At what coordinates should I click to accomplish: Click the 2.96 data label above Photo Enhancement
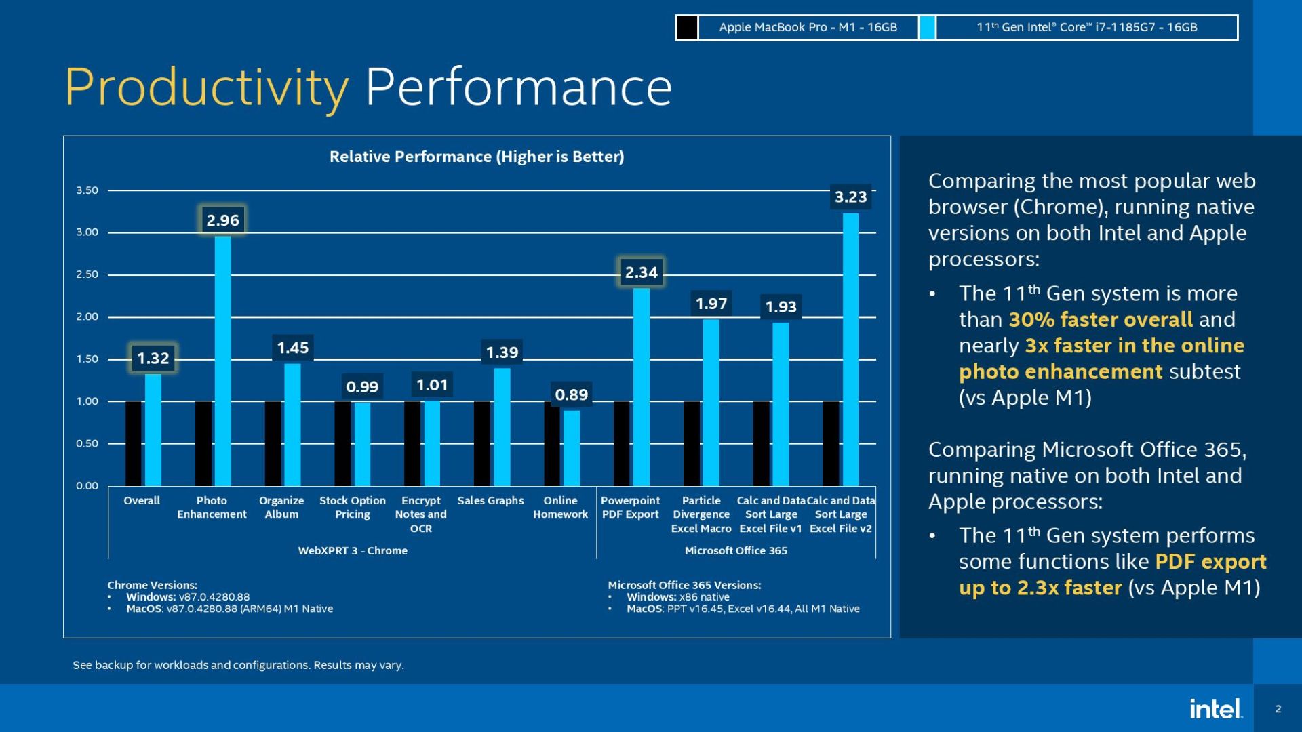[222, 220]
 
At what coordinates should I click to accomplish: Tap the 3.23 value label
[850, 197]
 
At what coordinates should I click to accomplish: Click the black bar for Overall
[134, 443]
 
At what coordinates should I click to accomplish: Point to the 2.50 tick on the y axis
[87, 274]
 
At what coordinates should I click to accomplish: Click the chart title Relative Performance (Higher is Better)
[476, 157]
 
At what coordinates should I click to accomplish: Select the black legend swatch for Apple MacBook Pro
[687, 28]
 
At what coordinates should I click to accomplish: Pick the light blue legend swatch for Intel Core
[927, 28]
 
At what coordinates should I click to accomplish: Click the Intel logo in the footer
[1215, 709]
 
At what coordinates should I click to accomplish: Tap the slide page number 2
[1278, 709]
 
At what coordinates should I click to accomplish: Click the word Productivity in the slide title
[207, 88]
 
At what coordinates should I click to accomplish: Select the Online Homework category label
[560, 508]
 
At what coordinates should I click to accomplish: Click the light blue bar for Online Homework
[572, 447]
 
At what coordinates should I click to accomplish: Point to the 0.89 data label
[571, 394]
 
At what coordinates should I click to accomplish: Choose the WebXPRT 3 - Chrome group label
[353, 550]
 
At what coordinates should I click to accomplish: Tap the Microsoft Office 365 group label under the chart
[736, 550]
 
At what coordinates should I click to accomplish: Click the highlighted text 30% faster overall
[1100, 319]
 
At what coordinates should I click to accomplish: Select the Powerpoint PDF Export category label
[630, 508]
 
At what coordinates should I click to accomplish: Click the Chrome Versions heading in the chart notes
[152, 585]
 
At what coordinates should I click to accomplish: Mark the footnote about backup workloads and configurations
[238, 665]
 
